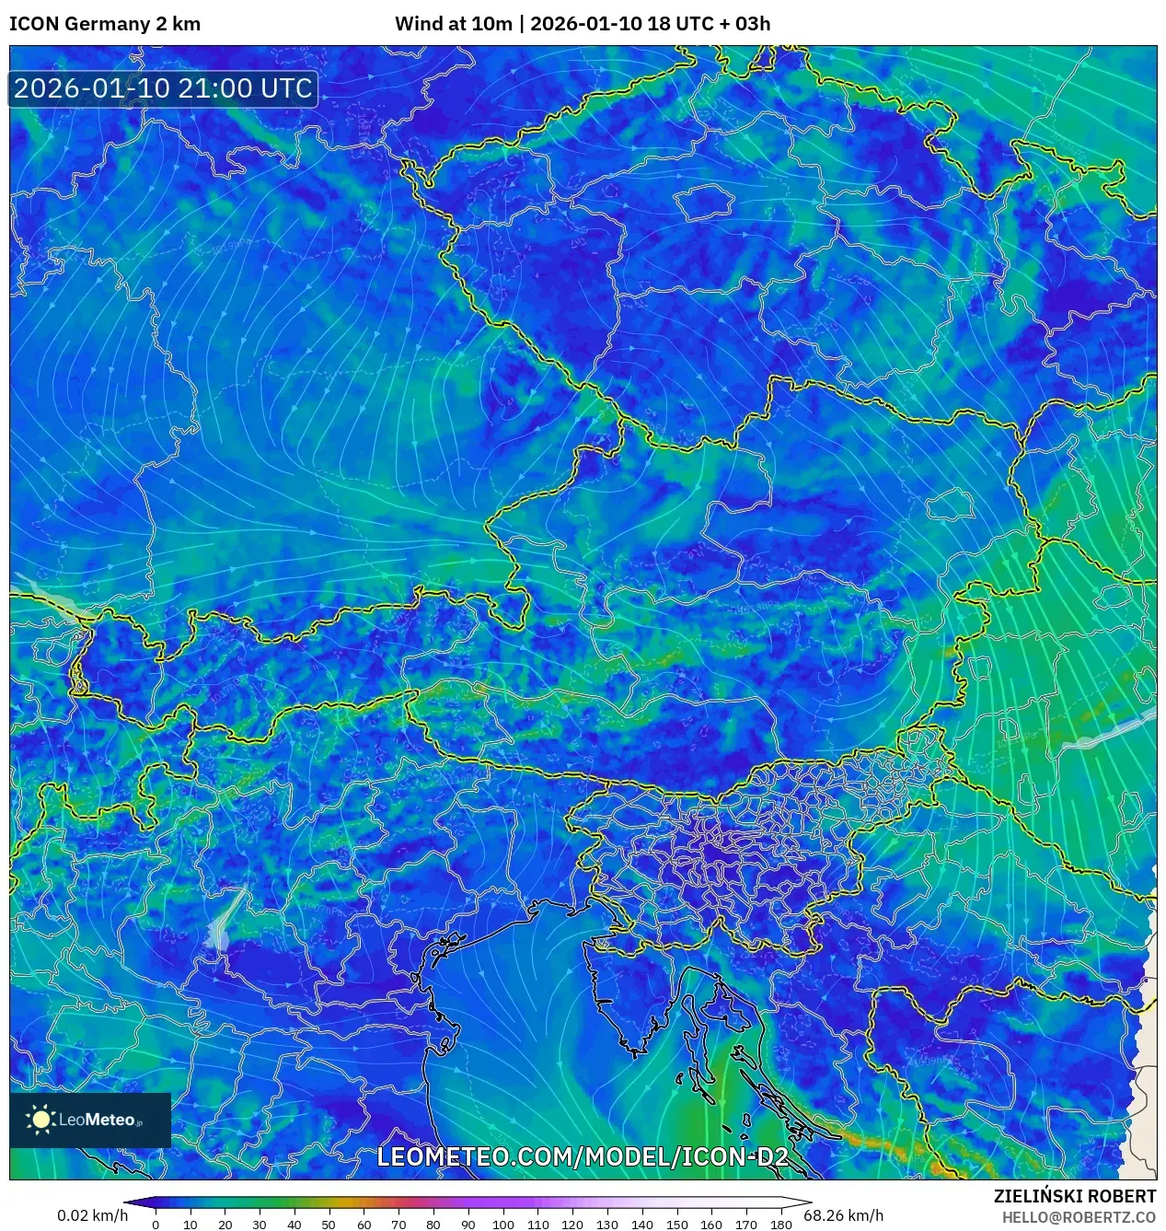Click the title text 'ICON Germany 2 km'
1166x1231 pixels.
point(105,24)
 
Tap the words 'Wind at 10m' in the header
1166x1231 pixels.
point(453,24)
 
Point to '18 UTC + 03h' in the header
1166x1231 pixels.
point(709,24)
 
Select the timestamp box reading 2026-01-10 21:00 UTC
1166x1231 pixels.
point(163,88)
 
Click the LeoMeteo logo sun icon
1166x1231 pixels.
point(41,1120)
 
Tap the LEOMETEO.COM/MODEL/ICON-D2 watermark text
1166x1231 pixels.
point(583,1157)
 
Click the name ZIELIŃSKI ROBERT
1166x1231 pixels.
point(1075,1196)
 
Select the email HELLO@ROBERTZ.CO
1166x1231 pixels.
point(1079,1217)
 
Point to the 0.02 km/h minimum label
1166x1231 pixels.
point(93,1215)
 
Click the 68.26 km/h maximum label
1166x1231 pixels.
point(843,1215)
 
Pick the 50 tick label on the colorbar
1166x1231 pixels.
point(329,1225)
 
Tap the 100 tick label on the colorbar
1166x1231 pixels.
point(502,1225)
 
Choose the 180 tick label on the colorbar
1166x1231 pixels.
point(781,1225)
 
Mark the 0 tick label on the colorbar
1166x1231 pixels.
point(156,1225)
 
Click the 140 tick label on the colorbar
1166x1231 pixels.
point(641,1225)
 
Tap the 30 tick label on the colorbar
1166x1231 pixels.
point(260,1225)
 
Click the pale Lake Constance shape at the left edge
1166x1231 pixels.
point(51,598)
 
